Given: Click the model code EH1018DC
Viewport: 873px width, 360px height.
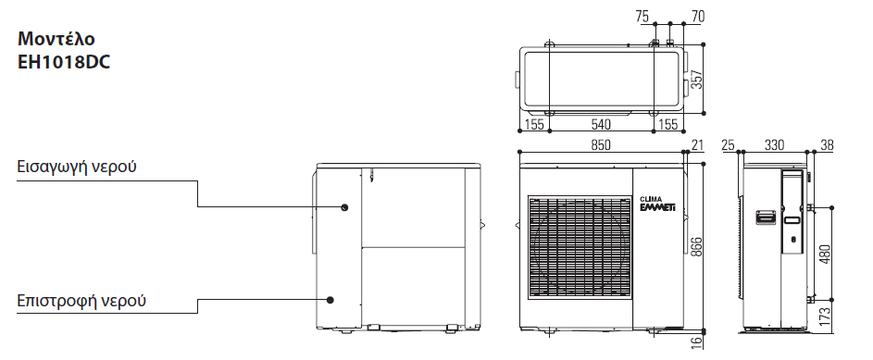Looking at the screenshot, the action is pyautogui.click(x=64, y=62).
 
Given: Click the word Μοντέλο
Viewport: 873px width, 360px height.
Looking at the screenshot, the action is pyautogui.click(x=56, y=39).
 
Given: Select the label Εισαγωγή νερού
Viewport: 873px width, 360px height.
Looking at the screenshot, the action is pyautogui.click(x=77, y=167).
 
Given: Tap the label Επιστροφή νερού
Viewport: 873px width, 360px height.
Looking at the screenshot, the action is pyautogui.click(x=81, y=301).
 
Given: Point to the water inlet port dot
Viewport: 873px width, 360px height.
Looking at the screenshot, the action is pyautogui.click(x=344, y=207).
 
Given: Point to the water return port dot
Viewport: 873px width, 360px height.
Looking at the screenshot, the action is pyautogui.click(x=330, y=300).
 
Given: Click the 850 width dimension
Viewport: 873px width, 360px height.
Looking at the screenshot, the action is pyautogui.click(x=600, y=144).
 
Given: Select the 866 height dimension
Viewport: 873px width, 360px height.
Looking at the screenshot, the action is pyautogui.click(x=697, y=246).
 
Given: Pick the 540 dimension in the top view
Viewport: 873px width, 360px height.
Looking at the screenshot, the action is pyautogui.click(x=600, y=123).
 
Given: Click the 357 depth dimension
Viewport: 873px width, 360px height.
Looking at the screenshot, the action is pyautogui.click(x=697, y=79).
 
